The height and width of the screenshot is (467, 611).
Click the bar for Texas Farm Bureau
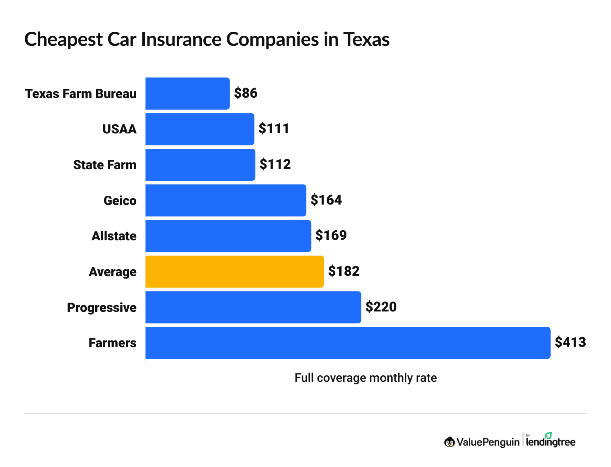[187, 93]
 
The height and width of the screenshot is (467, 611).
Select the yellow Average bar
[234, 272]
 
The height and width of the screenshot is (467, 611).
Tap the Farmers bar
[348, 343]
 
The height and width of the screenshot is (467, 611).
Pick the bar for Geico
[226, 200]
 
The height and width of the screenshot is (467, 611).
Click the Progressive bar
[253, 307]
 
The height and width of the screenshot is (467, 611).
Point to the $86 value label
[246, 93]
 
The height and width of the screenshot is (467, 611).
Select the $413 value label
[570, 342]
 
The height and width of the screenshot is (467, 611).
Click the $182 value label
[344, 271]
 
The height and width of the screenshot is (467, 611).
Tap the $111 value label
[274, 129]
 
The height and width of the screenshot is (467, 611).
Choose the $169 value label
[331, 236]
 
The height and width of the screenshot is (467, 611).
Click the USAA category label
[119, 129]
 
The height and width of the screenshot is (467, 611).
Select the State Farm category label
[105, 165]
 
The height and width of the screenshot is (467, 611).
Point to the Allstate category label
[114, 236]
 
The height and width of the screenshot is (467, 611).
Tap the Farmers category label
[112, 343]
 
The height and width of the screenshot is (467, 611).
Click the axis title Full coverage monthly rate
[365, 378]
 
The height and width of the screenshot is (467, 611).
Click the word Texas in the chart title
[366, 39]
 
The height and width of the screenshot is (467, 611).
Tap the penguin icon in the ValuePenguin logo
[449, 442]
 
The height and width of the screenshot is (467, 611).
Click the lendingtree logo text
[550, 442]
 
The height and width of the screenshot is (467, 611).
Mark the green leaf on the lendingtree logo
[548, 435]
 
